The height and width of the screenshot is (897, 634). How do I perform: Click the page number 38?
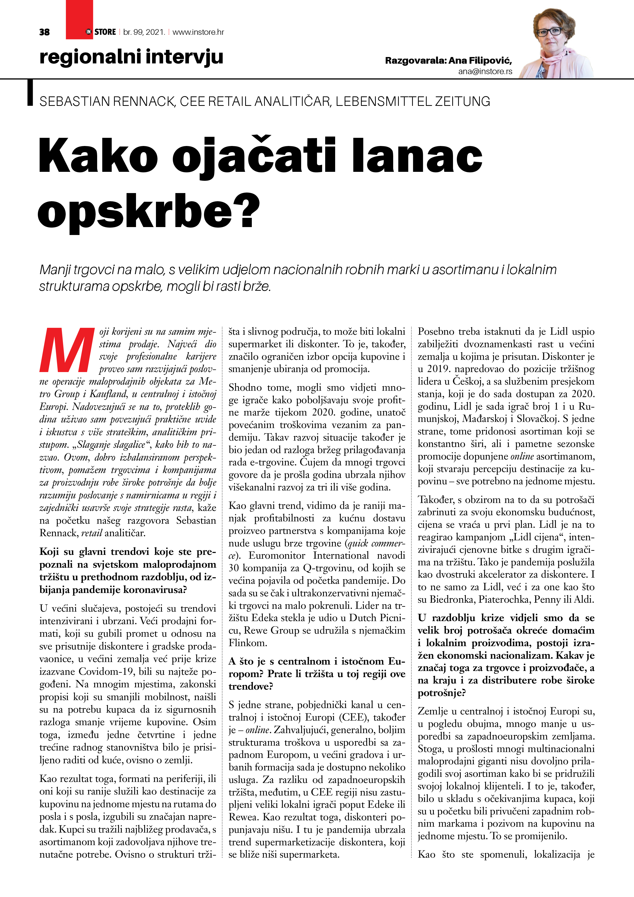pyautogui.click(x=44, y=32)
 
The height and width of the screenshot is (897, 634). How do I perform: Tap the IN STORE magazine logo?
pyautogui.click(x=101, y=32)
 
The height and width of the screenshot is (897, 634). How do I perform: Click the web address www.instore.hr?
pyautogui.click(x=198, y=32)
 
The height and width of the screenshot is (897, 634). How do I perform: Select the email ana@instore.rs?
pyautogui.click(x=485, y=72)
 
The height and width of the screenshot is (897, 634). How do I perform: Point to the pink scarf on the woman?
pyautogui.click(x=555, y=59)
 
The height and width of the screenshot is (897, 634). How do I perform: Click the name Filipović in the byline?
pyautogui.click(x=491, y=61)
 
